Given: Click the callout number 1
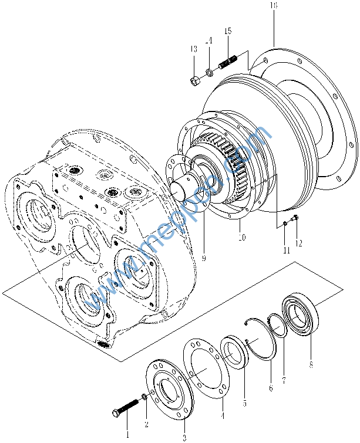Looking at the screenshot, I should [127, 435].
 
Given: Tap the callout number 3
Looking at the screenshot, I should [184, 437].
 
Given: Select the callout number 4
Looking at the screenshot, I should [222, 415].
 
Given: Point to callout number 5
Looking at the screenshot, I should [244, 403].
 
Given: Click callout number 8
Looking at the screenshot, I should [311, 364].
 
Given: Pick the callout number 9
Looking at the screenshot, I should [203, 257].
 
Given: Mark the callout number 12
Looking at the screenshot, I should [299, 243].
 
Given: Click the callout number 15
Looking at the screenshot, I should [228, 30].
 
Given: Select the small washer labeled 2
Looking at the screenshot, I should [144, 398].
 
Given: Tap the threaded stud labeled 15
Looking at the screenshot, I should [228, 62].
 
